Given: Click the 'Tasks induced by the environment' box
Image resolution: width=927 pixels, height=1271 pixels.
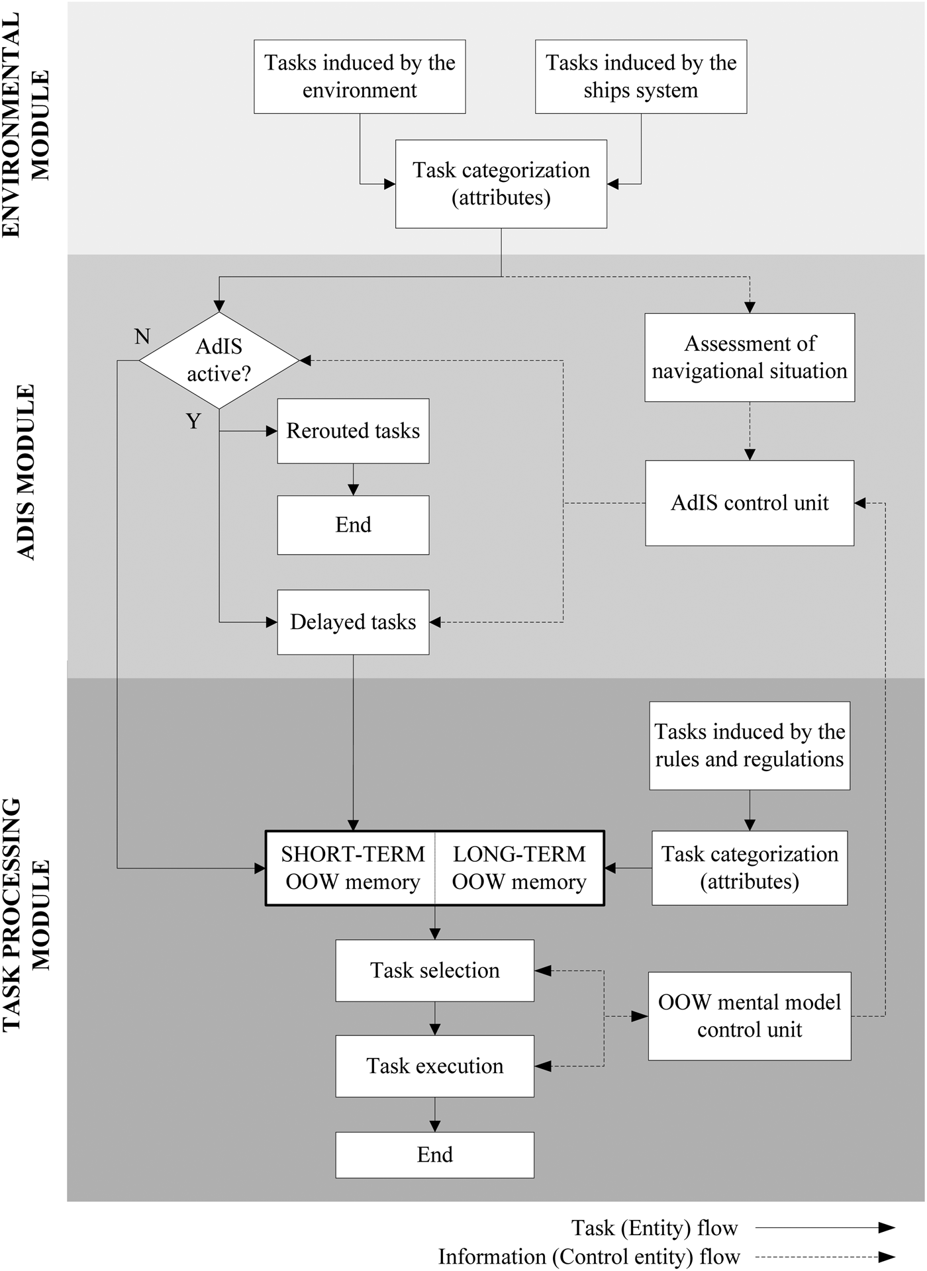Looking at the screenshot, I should (360, 77).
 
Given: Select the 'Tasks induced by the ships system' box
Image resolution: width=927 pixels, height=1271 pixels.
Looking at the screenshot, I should (641, 77).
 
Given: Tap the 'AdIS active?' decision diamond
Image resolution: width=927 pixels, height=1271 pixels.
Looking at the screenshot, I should (219, 360).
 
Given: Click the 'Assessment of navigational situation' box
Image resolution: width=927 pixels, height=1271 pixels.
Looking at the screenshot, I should (750, 357).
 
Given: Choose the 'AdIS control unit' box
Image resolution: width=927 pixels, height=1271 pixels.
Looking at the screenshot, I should (750, 503).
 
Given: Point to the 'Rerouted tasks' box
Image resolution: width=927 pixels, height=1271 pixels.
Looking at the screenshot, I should (353, 431).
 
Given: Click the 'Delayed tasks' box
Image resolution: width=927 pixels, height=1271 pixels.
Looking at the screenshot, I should (353, 622).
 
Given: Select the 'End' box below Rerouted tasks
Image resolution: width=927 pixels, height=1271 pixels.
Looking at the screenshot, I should (353, 525).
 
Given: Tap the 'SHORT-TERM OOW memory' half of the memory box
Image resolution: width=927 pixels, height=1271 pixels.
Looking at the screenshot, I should (351, 868).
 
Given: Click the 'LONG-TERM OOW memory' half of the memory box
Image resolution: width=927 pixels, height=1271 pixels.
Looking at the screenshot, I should (519, 868).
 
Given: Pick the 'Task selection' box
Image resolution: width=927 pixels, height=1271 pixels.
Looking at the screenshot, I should (434, 970).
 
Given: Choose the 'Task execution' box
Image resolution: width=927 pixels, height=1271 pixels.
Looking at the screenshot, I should (434, 1066).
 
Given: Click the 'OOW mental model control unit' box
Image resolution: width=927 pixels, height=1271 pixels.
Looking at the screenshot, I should (750, 1016).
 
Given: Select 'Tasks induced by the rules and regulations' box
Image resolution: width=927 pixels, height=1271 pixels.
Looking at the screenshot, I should (750, 745).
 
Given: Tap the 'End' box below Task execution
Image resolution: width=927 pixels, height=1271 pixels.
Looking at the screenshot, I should (434, 1154).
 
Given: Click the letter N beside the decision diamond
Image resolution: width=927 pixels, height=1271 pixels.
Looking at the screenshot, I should (142, 337).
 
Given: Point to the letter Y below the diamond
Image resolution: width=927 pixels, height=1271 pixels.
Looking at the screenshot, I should (193, 422).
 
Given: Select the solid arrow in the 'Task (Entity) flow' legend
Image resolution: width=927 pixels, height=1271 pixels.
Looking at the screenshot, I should (825, 1228).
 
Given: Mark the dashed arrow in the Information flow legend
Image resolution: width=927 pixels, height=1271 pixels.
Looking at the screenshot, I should (825, 1256).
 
